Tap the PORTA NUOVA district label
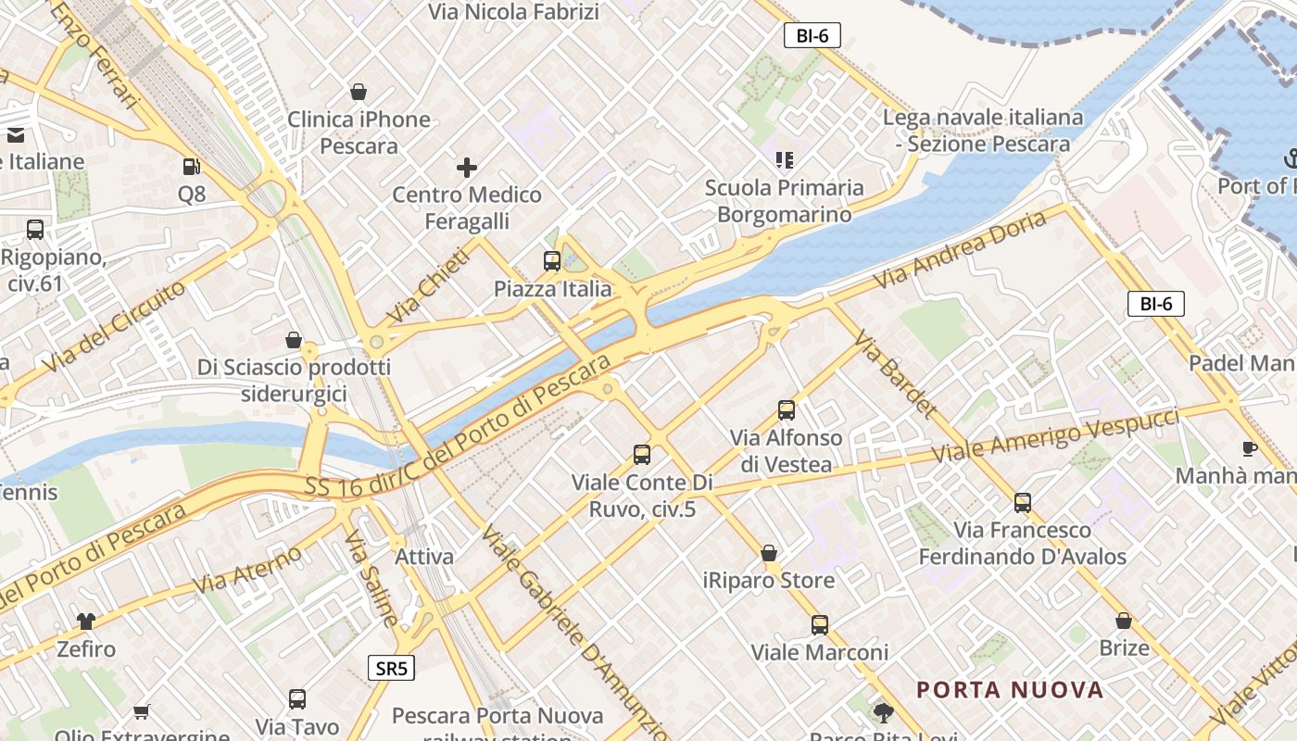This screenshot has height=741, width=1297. tap(1010, 690)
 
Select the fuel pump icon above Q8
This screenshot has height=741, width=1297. tap(192, 167)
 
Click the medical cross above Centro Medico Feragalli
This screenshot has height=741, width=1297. tap(467, 168)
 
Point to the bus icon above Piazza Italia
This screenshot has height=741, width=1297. tap(552, 261)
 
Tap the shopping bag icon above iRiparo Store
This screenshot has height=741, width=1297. tap(769, 553)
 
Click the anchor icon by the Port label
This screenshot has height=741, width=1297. tap(1291, 158)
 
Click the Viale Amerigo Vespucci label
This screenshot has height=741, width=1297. tap(1055, 434)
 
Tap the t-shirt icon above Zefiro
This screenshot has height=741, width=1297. tap(86, 621)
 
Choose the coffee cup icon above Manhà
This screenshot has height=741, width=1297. tap(1249, 449)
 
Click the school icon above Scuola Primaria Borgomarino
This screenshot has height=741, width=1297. tap(785, 160)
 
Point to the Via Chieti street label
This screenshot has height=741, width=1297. tap(427, 285)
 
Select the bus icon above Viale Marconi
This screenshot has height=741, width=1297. tap(820, 625)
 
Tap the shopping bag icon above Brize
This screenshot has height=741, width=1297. tap(1124, 621)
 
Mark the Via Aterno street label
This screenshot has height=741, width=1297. tap(247, 570)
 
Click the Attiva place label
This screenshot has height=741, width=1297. tap(424, 557)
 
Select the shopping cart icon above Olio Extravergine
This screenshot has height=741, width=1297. tap(141, 711)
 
